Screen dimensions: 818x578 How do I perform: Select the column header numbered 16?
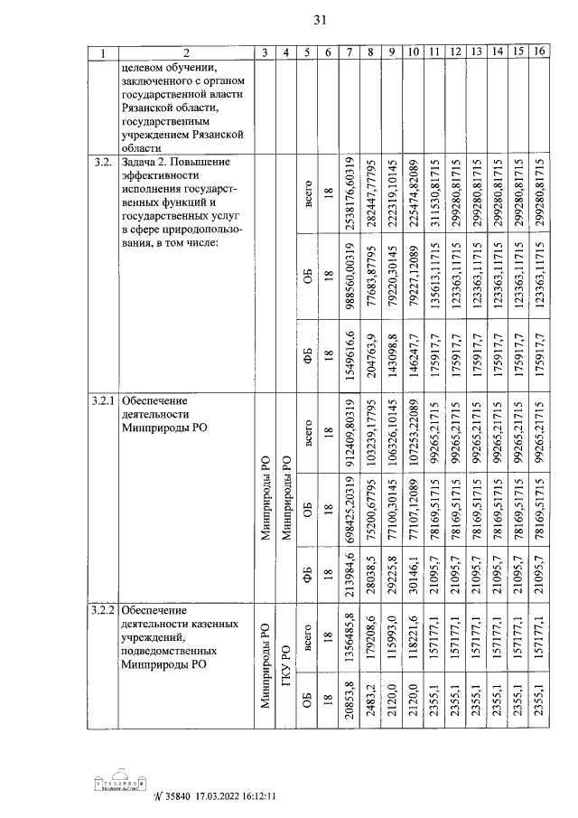tap(539, 53)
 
